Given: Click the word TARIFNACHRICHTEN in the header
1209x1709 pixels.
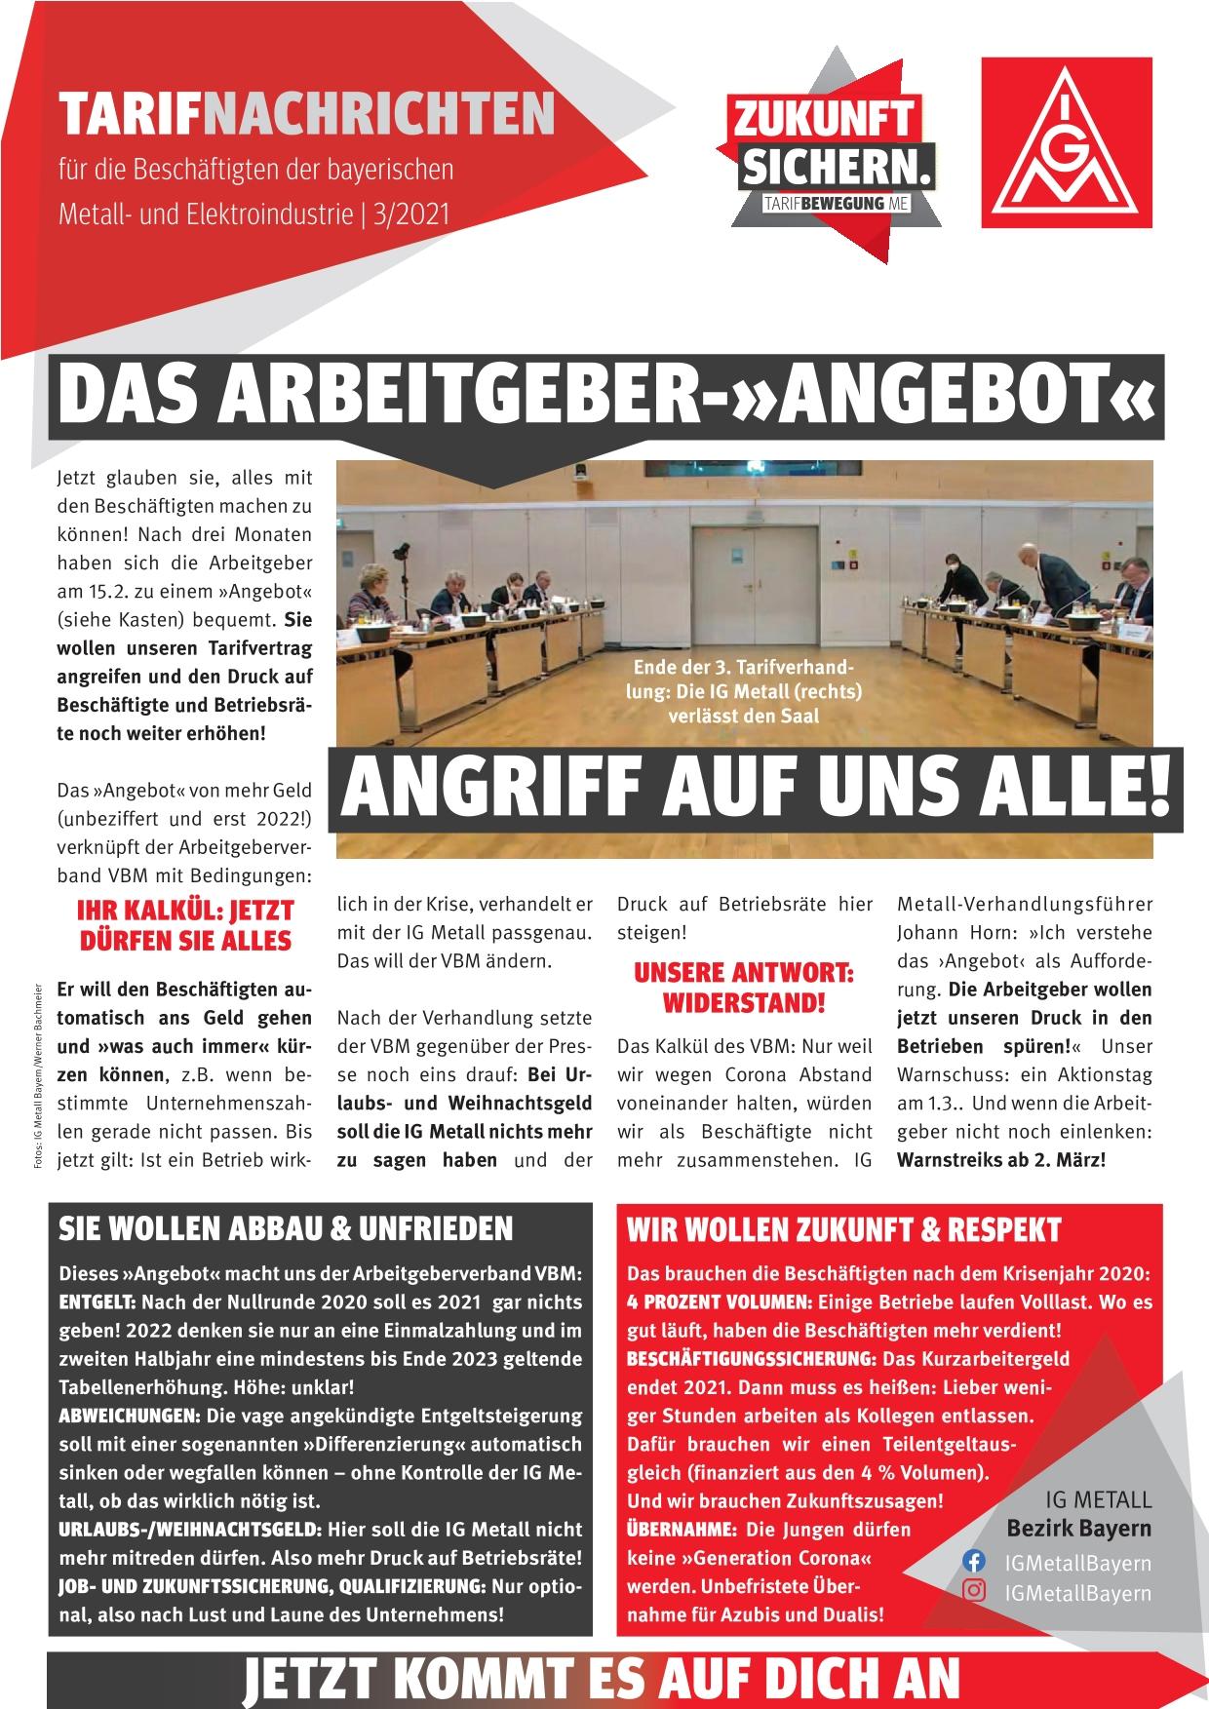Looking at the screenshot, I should click(307, 114).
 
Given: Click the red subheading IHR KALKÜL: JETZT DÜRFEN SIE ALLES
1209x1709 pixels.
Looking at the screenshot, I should click(185, 925).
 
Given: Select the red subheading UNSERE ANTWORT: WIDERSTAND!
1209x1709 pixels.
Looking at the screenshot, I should click(744, 987).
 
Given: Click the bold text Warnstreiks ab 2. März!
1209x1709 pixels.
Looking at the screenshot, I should click(1001, 1161).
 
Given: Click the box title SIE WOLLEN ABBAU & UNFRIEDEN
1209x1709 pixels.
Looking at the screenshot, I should click(286, 1229).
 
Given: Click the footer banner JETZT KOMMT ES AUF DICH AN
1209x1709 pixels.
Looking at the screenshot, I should click(603, 1679).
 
